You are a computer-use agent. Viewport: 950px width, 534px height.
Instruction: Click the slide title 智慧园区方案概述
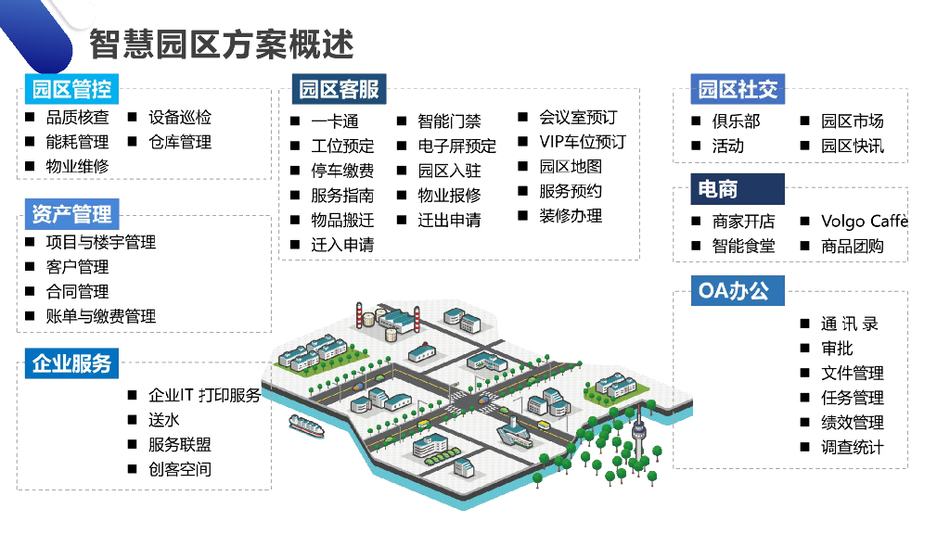coord(222,44)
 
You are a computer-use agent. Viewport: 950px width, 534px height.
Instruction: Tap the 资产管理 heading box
coord(71,214)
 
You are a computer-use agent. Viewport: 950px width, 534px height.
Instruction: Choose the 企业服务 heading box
coord(71,363)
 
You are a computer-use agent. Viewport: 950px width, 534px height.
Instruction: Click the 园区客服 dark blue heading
coord(339,89)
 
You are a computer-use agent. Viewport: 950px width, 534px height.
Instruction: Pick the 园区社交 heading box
coord(738,89)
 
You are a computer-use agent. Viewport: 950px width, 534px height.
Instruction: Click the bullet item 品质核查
coord(77,118)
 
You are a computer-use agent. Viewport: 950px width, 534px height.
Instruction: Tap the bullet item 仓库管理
coord(180,142)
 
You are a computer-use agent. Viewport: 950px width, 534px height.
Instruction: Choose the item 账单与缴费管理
coord(100,316)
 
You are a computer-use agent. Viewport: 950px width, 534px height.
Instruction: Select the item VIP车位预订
coord(582,142)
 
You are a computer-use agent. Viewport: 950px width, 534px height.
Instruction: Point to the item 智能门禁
coord(449,121)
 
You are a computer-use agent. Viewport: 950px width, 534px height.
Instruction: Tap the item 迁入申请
coord(342,245)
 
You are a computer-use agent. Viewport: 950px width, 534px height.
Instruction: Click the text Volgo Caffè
coord(864,221)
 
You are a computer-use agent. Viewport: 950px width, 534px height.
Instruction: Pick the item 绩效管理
coord(852,422)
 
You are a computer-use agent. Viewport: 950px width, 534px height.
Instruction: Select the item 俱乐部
coord(736,121)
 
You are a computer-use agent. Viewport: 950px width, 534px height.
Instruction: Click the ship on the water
coord(307,426)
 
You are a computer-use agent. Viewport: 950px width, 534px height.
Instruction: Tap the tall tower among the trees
coord(638,434)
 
